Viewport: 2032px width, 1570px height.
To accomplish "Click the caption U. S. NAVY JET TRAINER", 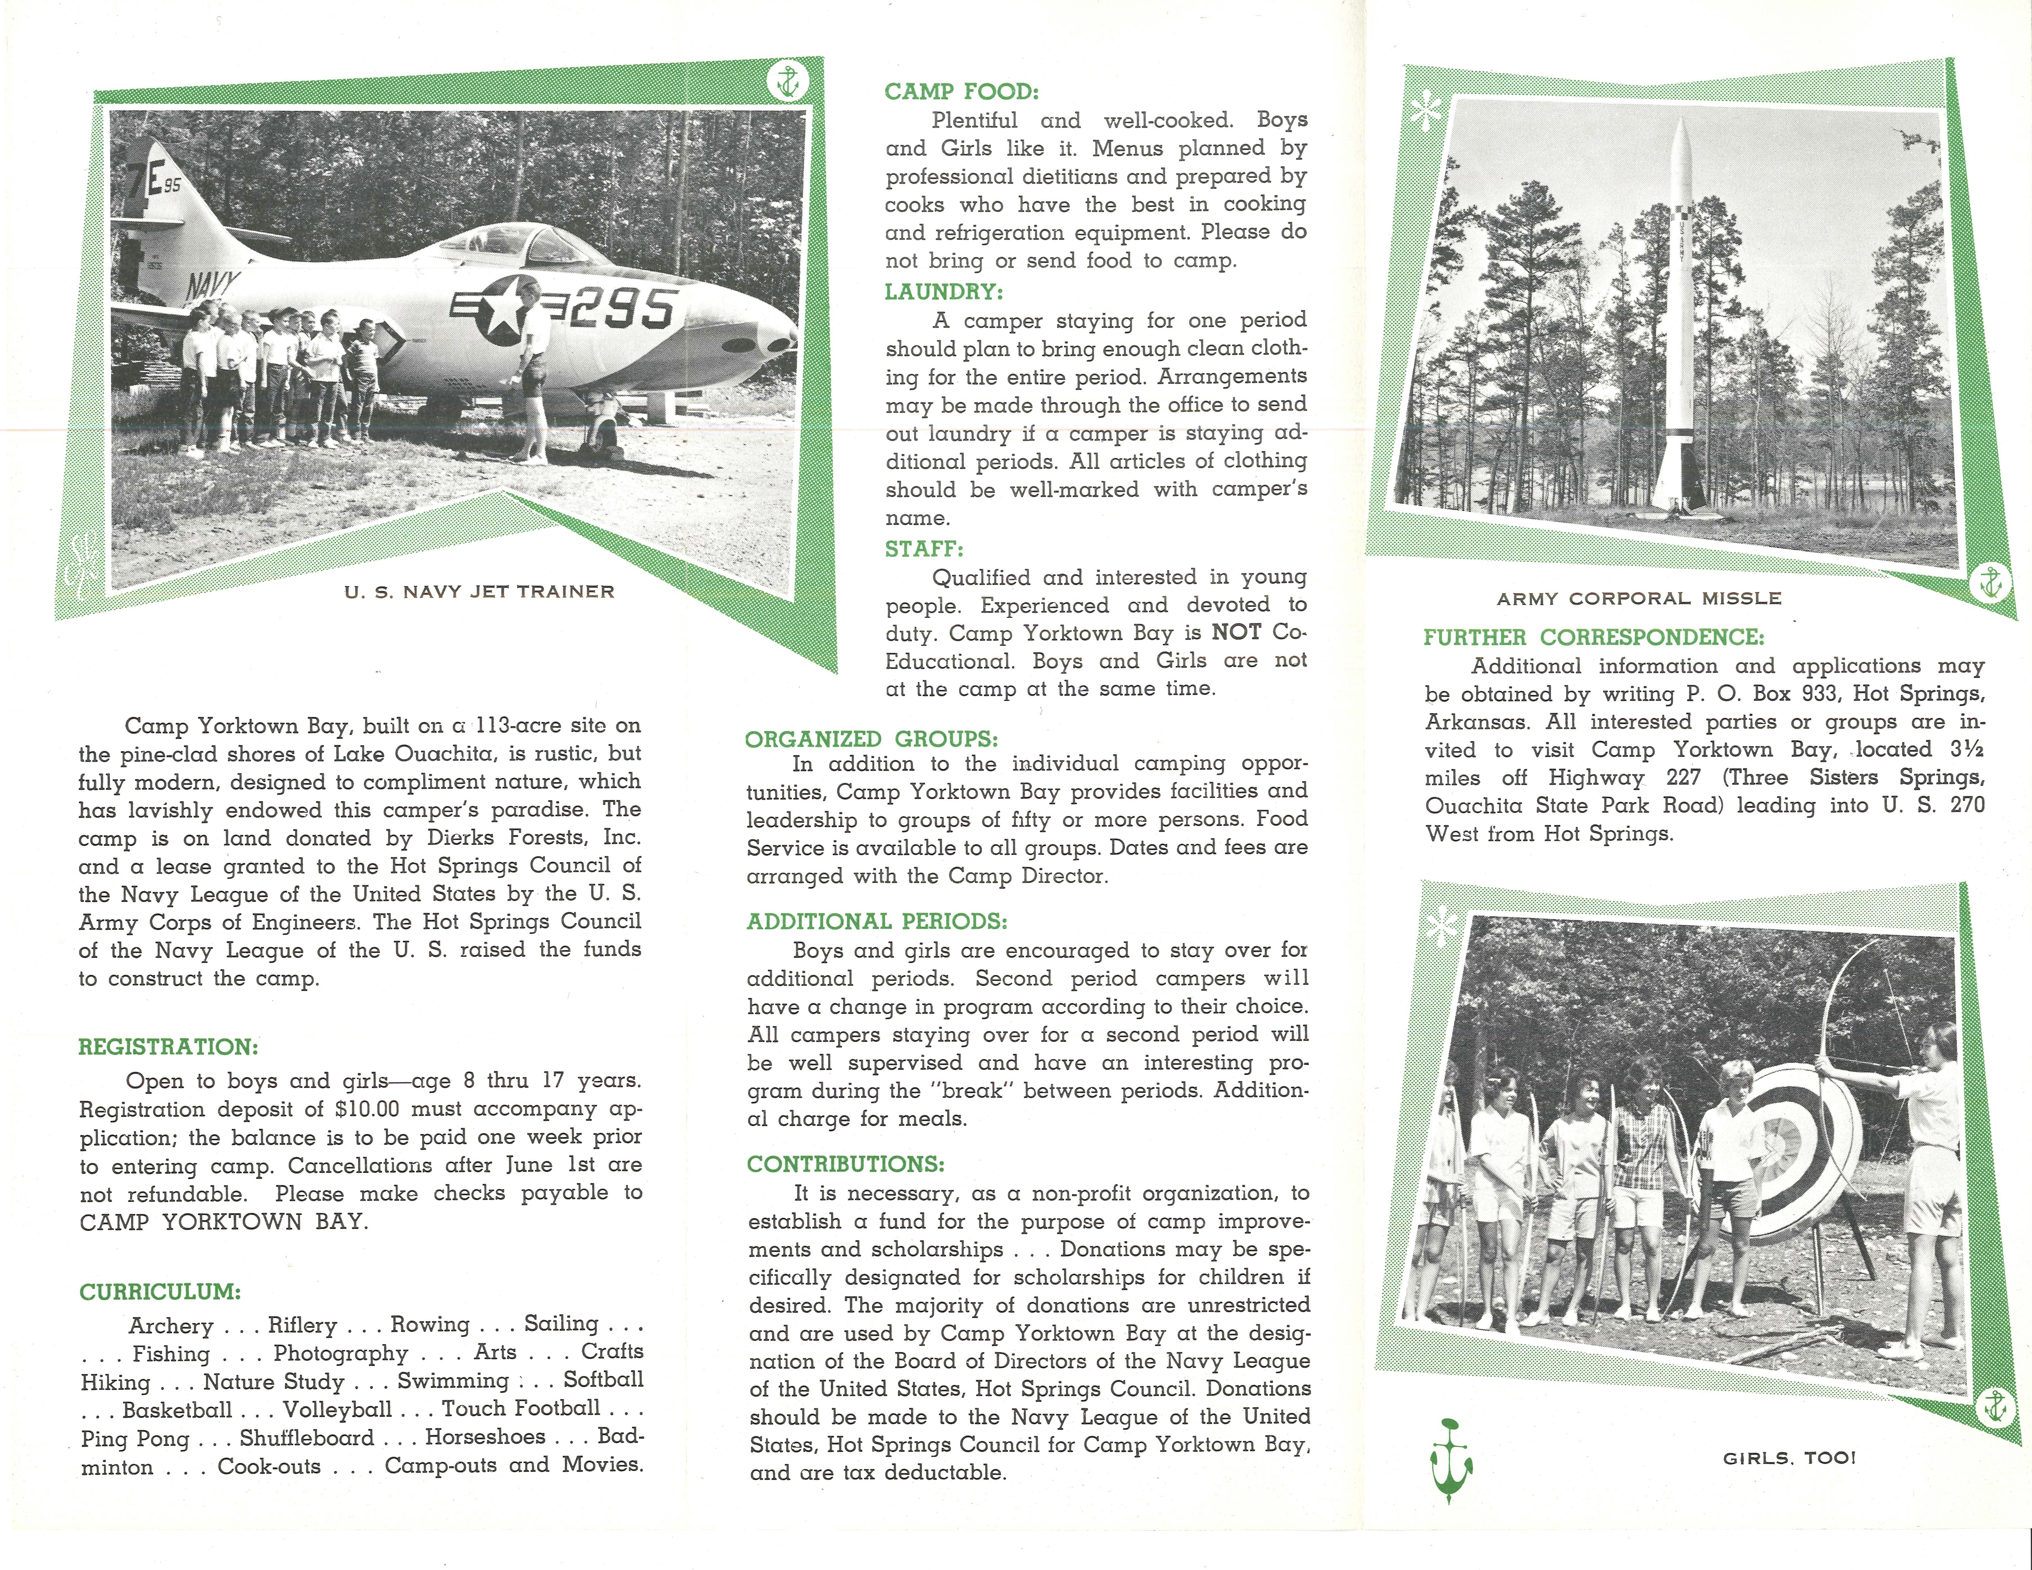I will point(479,592).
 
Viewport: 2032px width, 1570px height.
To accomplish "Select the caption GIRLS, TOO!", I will point(1789,1458).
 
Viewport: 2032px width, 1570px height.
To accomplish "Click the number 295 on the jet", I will point(623,308).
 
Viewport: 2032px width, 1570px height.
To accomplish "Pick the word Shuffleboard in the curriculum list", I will point(307,1438).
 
